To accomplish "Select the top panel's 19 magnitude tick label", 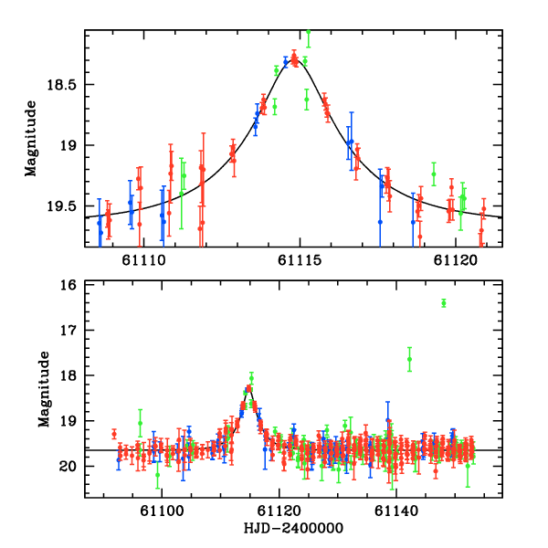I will coord(71,145).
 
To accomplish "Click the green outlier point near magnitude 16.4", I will coord(443,303).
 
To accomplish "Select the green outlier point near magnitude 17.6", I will coord(409,359).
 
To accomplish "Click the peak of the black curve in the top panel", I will coord(294,58).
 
